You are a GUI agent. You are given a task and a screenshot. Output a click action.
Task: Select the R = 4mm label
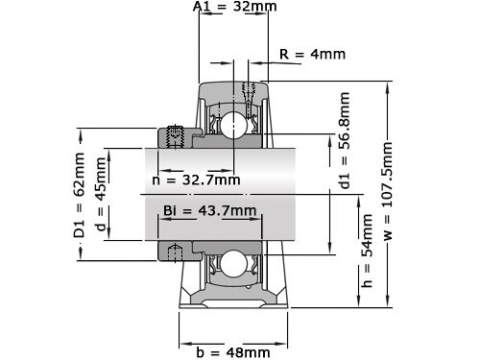312,54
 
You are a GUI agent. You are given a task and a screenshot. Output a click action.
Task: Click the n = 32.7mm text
196,180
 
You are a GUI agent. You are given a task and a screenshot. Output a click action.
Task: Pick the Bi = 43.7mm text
209,210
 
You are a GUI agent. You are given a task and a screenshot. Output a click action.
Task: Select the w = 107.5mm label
389,192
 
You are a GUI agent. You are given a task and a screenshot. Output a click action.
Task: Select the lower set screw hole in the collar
176,252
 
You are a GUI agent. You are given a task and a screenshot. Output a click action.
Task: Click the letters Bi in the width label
171,210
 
